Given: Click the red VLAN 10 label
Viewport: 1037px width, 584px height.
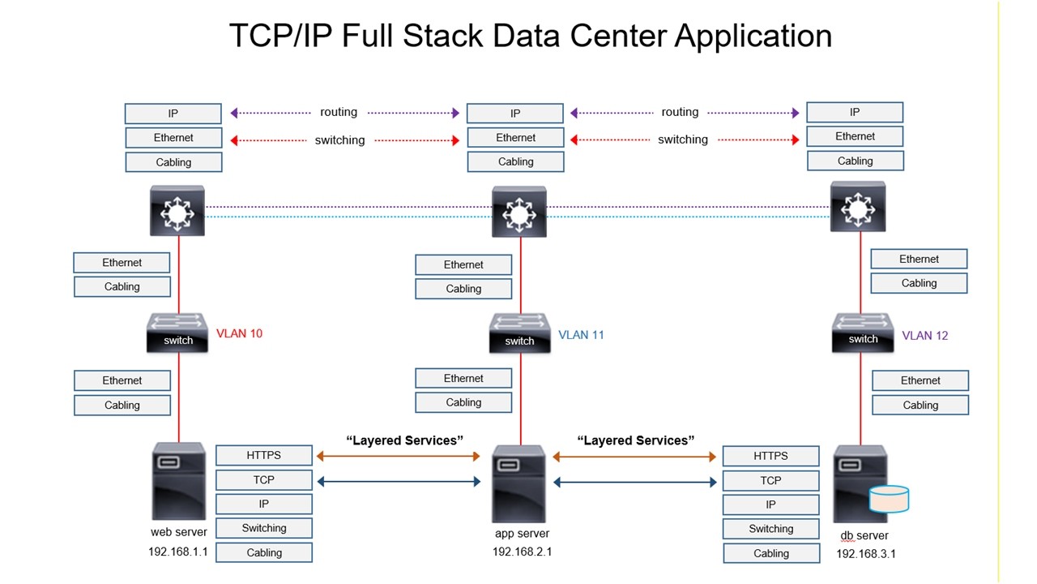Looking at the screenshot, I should coord(239,333).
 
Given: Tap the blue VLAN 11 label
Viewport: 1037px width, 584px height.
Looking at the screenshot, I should coord(581,334).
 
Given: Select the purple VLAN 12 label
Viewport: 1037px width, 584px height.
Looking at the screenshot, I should coord(924,335).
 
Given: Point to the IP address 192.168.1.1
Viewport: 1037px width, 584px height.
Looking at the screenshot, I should coord(178,552).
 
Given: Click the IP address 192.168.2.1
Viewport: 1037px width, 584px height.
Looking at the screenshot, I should coord(522,552).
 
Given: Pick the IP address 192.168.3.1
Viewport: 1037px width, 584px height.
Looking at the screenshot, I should coord(866,554).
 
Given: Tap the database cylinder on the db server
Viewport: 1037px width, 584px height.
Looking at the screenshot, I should coord(889,499).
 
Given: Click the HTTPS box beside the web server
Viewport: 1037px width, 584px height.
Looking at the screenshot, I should coord(264,455).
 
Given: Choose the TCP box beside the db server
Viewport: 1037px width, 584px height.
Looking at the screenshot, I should coord(770,480).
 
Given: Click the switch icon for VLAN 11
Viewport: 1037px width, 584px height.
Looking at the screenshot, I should coord(519,333).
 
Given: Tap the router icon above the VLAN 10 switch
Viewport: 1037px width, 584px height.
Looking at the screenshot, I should coord(177,211).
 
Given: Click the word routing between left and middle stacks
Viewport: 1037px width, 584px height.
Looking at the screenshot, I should coord(339,113).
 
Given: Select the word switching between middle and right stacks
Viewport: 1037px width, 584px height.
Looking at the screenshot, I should coord(682,140).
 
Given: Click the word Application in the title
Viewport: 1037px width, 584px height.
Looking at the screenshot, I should coord(753,36).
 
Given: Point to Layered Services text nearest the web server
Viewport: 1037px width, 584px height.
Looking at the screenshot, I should coord(404,440).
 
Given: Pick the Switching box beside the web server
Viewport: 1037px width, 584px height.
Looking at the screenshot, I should coord(264,528).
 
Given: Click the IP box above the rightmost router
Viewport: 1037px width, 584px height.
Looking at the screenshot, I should coord(855,112).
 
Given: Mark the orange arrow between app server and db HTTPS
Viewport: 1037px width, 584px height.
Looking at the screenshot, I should coord(634,457).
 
